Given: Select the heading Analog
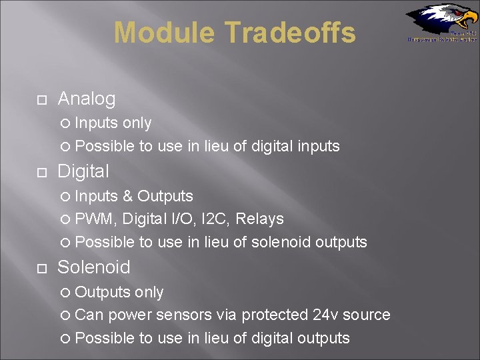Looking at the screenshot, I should [x=87, y=99].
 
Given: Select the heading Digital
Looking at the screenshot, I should [x=83, y=171].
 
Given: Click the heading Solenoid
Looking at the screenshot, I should [x=94, y=267].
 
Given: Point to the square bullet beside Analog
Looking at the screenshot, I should [x=41, y=100].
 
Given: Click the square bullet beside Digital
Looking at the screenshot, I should [x=41, y=173].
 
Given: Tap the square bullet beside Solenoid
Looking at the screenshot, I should [x=41, y=269].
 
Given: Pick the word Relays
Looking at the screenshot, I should [x=262, y=219].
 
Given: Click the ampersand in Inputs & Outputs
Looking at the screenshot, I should [x=129, y=196].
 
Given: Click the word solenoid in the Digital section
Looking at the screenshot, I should [x=281, y=242].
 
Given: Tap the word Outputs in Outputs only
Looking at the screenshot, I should [x=103, y=292].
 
